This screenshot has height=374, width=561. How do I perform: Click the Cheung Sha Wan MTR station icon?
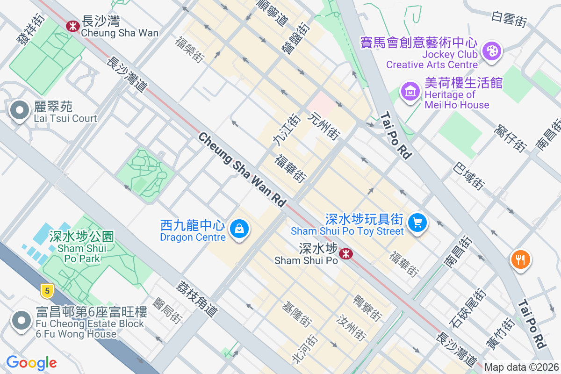[x=72, y=26]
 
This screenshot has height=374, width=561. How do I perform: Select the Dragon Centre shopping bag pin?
[x=239, y=229]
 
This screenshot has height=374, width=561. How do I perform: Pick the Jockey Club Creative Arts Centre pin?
[x=492, y=51]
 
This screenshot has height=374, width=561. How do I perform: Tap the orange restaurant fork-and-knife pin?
[x=521, y=259]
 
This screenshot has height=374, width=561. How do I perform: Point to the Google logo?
[x=31, y=363]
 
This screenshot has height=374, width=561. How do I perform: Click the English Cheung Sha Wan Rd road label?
[x=242, y=170]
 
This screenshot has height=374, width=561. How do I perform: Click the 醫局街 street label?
[x=167, y=310]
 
